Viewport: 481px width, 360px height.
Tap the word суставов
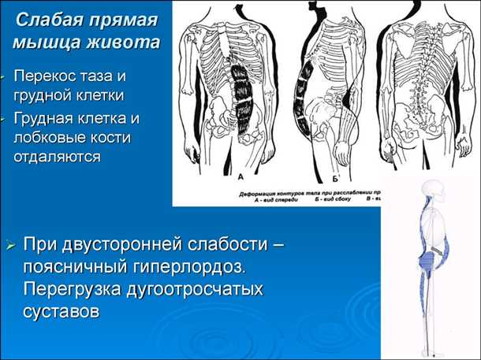pyautogui.click(x=62, y=312)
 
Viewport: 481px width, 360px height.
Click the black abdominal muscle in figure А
pyautogui.click(x=241, y=93)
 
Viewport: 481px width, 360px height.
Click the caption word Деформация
pyautogui.click(x=257, y=191)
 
